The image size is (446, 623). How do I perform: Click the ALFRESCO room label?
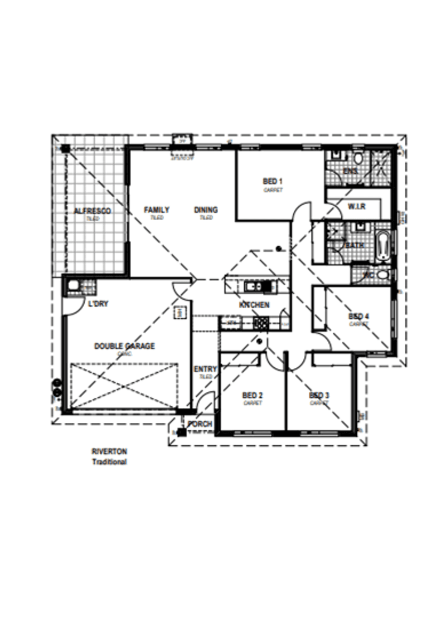(x=93, y=211)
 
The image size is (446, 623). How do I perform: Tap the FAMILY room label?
(x=157, y=210)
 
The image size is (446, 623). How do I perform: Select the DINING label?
(x=206, y=210)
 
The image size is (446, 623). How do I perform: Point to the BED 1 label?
(x=273, y=181)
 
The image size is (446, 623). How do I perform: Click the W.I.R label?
(x=356, y=207)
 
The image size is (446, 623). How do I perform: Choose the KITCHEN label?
(x=254, y=305)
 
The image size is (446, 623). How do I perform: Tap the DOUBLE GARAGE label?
(x=124, y=346)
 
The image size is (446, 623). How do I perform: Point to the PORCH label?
(x=200, y=424)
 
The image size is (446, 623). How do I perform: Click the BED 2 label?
(x=253, y=396)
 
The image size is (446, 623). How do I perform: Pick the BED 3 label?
(x=319, y=396)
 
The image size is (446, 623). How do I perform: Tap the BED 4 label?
(x=358, y=316)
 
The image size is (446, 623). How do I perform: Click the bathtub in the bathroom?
(x=384, y=246)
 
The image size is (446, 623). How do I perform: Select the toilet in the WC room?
(x=382, y=274)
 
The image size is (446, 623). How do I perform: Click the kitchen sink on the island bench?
(x=252, y=286)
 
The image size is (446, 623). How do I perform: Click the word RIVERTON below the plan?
(x=109, y=452)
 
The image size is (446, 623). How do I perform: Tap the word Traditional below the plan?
(x=109, y=462)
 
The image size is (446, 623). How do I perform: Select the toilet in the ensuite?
(x=358, y=159)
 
